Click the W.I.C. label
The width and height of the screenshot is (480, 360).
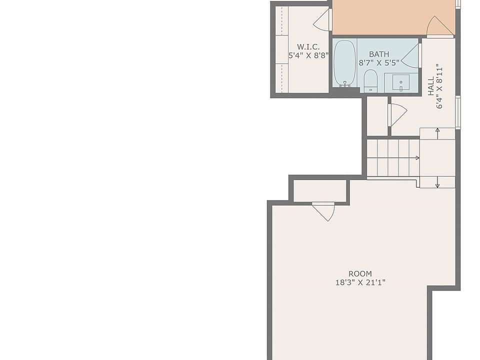point(308,47)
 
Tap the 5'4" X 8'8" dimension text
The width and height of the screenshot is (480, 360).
point(309,55)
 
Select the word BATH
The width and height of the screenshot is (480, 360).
point(379,54)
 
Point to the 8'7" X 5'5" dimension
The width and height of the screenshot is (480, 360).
point(379,63)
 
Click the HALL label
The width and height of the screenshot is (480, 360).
point(431,86)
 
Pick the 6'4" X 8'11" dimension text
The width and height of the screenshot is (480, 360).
point(439,86)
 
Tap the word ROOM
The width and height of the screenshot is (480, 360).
point(360,273)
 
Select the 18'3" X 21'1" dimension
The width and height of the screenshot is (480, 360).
point(360,282)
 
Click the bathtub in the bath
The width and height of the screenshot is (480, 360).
point(344,63)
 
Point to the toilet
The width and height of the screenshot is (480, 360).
point(370,80)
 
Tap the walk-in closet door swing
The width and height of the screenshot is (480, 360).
point(322,19)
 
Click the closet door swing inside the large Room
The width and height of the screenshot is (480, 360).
point(323,211)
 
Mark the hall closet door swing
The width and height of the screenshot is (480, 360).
point(397,115)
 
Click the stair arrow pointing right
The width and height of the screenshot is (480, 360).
point(393,158)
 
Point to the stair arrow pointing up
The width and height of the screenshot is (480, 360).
point(437,133)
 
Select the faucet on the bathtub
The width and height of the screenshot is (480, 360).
point(345,84)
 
